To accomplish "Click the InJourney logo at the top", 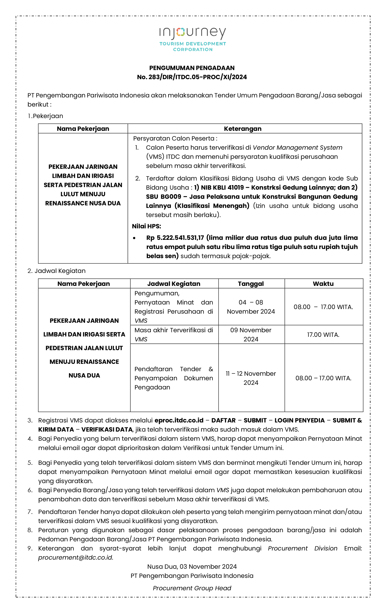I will [192, 39].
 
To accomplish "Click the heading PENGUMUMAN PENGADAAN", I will [192, 68].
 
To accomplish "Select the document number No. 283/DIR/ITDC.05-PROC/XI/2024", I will [192, 77].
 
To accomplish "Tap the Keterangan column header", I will [242, 129].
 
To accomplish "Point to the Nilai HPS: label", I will [146, 226].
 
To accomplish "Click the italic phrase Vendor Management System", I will [297, 148].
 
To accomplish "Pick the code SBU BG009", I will [163, 197].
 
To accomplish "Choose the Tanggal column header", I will [250, 284].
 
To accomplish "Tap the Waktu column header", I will [323, 284].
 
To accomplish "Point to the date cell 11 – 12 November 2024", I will [250, 378].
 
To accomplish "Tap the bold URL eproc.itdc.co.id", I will [179, 420].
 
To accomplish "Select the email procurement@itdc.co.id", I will [75, 558].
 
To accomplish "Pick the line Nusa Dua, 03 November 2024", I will [192, 567].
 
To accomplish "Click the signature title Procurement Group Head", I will [192, 588].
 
